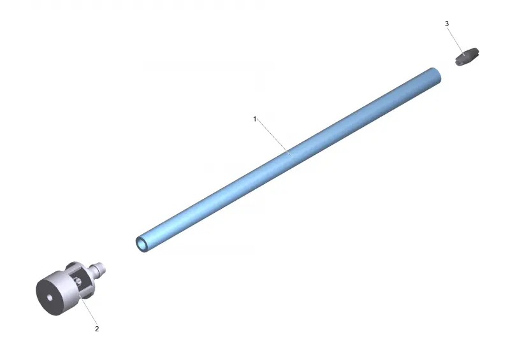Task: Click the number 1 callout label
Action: [x=254, y=119]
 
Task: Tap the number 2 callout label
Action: [x=97, y=329]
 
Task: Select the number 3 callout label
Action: [x=447, y=24]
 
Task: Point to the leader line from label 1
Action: [x=274, y=138]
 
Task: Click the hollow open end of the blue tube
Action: [x=142, y=244]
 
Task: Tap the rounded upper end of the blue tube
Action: [x=435, y=75]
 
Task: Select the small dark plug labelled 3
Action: [x=467, y=57]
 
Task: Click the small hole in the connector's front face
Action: [x=50, y=298]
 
